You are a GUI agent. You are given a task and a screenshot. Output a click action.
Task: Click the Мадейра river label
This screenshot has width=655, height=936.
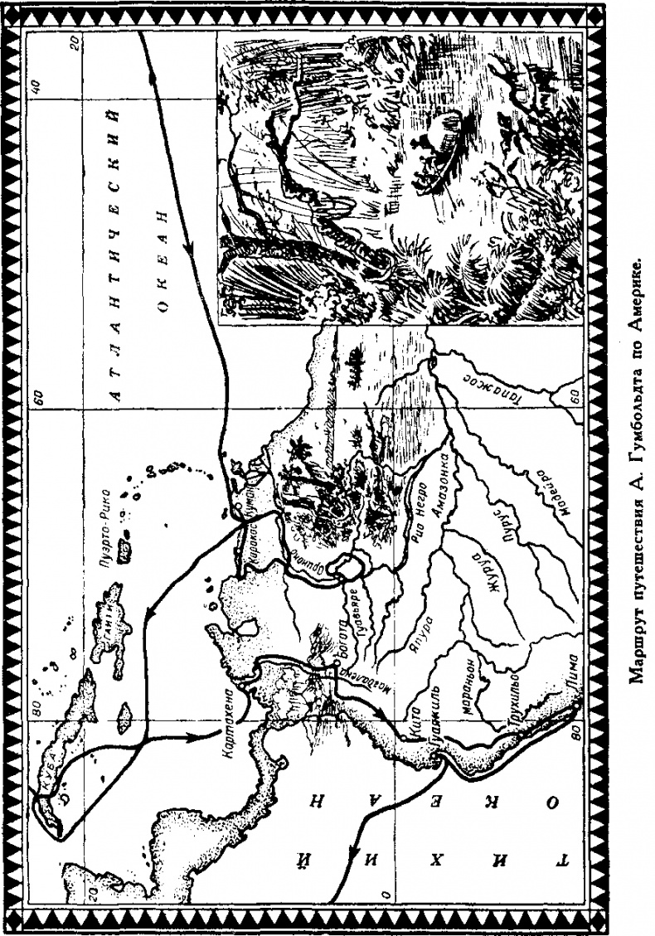click(x=542, y=492)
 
